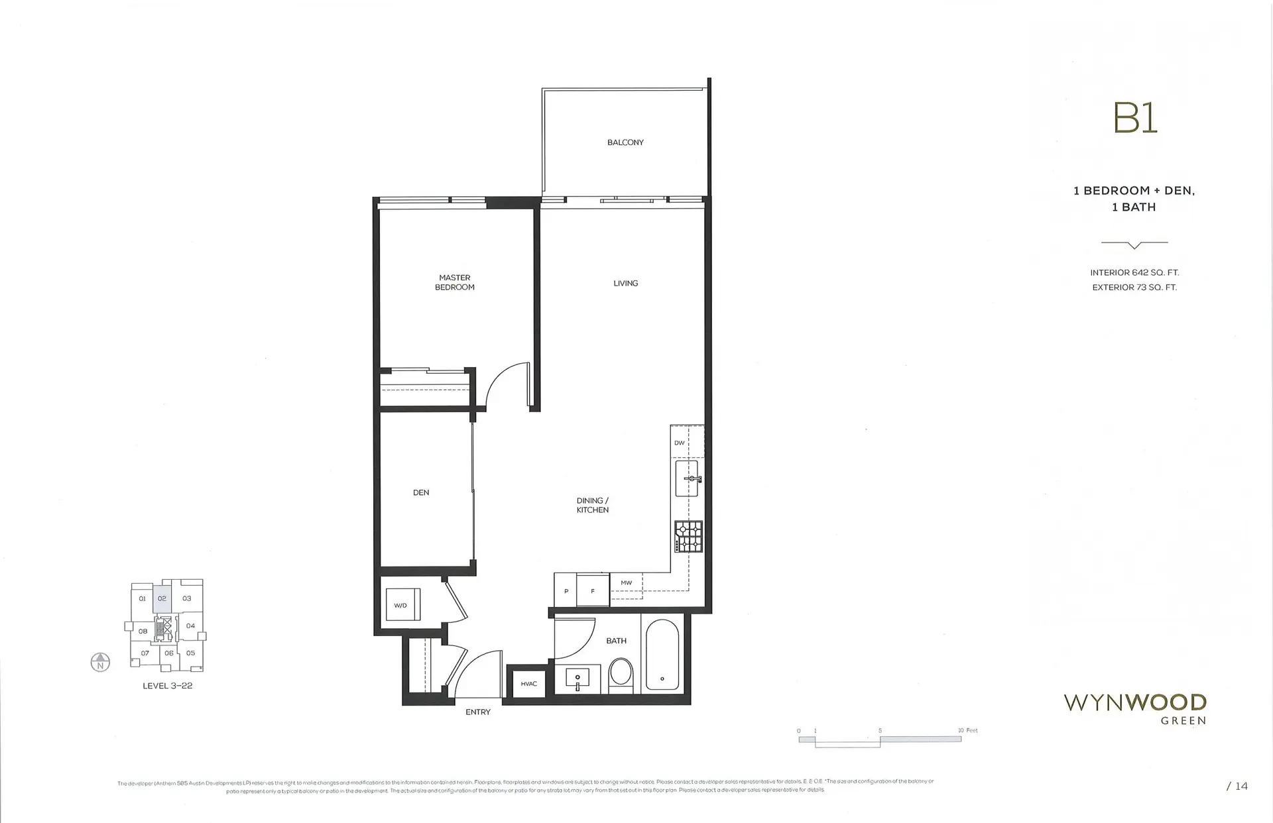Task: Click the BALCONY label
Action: tap(625, 142)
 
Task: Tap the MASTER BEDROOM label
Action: tap(455, 282)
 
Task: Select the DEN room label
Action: tap(421, 492)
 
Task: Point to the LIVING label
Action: tap(625, 283)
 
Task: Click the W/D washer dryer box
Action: tap(402, 604)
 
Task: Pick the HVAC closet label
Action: tap(528, 684)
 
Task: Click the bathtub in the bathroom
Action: tap(662, 655)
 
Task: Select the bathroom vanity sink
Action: tap(577, 679)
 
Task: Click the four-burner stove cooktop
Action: tap(689, 536)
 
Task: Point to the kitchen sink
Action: tap(687, 478)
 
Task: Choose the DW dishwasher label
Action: tap(679, 443)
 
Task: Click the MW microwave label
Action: tap(626, 583)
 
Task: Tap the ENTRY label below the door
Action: tap(477, 712)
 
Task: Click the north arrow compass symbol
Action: tap(100, 662)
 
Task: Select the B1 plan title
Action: tap(1134, 119)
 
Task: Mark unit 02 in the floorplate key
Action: tap(162, 598)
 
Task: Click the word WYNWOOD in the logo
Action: tap(1134, 702)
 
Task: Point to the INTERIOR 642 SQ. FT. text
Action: tap(1134, 272)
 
